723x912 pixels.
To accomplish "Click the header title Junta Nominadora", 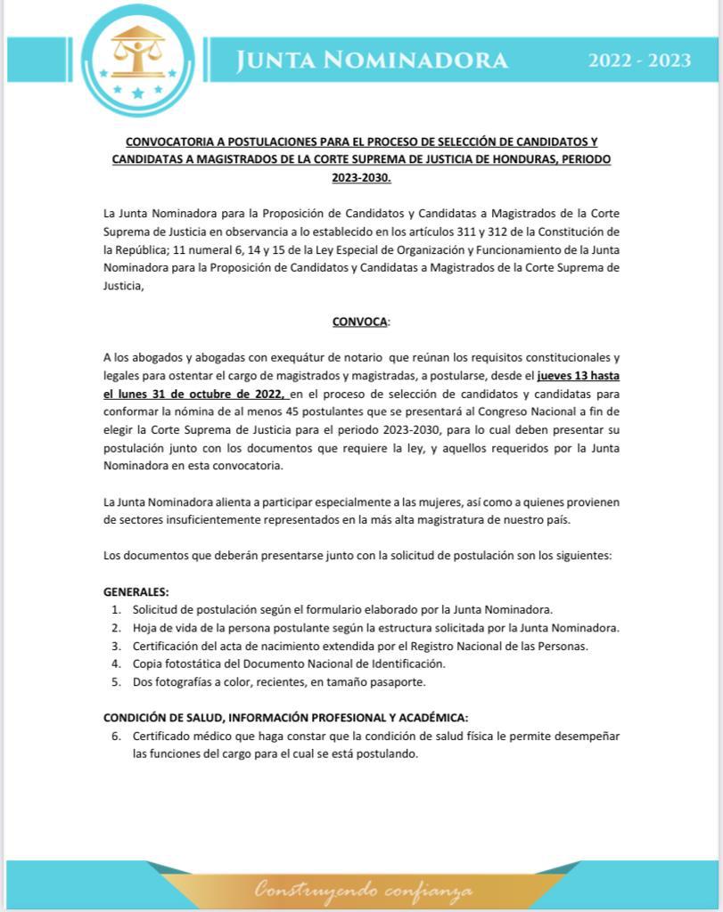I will (x=372, y=60).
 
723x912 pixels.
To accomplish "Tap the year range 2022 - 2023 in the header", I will (x=639, y=61).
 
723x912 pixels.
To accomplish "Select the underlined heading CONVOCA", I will (x=360, y=321).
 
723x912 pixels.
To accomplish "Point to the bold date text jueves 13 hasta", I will (x=578, y=376).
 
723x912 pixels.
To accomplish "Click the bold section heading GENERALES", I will (x=136, y=591).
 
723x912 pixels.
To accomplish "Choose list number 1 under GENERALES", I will (x=116, y=609).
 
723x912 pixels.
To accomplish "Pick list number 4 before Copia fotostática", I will (x=116, y=664).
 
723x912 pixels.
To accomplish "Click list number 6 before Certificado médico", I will (x=116, y=736).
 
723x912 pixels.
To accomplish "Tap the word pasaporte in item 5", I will (x=398, y=681).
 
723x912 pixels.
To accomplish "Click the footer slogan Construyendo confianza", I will (x=362, y=889).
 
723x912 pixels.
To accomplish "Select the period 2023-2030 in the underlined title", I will (x=361, y=176).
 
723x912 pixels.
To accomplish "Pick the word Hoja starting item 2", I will (x=145, y=627).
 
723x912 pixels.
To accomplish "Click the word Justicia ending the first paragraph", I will (x=122, y=285).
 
